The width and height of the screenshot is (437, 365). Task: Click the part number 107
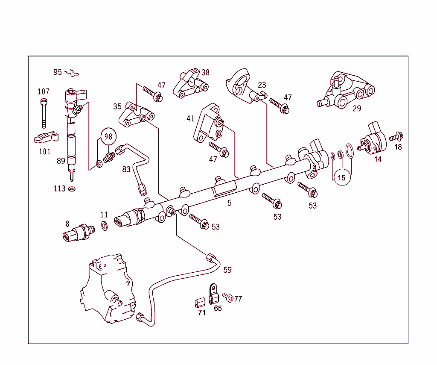coord(44,91)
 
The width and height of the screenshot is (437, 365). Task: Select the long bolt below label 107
coord(43,113)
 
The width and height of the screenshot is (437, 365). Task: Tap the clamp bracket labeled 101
coord(46,138)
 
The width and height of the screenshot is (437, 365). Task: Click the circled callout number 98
coord(108,136)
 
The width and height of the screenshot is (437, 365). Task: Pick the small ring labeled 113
coord(72,188)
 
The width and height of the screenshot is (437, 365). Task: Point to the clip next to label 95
coord(73,74)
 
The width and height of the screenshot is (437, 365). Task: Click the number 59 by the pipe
coord(227,270)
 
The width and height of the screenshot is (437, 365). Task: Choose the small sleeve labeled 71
coord(198,303)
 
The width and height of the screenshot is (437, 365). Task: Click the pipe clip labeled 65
coord(213,294)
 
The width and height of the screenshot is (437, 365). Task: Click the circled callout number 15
coord(341,177)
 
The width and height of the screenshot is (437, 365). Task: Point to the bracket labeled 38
coord(190,84)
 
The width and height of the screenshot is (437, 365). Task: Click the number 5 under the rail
coord(230,203)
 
